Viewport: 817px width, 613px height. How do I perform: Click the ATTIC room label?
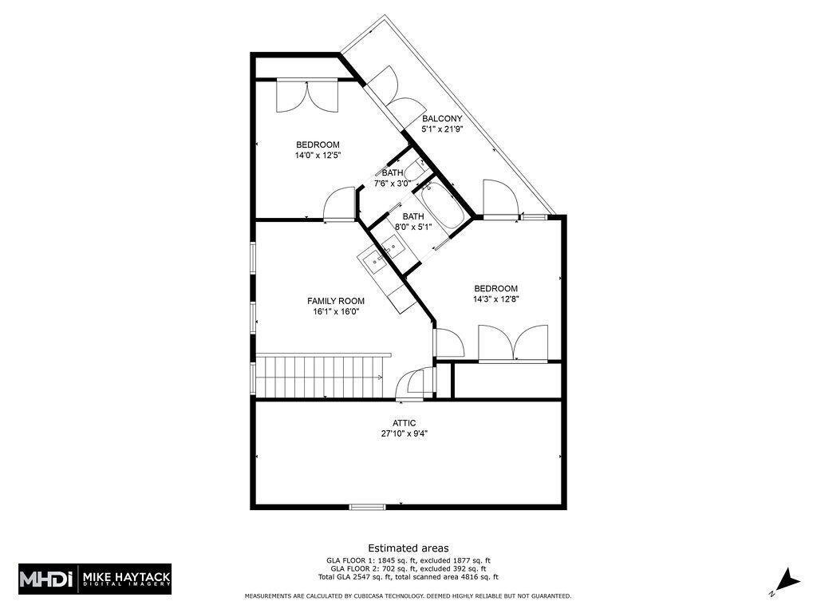[x=404, y=423]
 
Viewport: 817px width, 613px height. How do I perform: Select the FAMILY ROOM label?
[x=336, y=301]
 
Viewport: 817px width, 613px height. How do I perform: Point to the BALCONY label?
[x=442, y=119]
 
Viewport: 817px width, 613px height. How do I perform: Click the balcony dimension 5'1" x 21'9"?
[x=442, y=129]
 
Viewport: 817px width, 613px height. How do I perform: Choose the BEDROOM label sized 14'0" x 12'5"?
[x=317, y=144]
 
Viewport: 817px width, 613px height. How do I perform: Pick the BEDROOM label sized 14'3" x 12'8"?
[x=495, y=289]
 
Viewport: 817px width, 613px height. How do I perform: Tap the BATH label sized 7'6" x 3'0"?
[x=393, y=172]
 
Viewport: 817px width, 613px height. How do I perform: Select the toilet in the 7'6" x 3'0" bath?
[x=414, y=169]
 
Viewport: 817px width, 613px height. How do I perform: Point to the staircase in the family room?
[x=319, y=378]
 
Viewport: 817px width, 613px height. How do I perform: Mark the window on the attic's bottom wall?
[x=367, y=506]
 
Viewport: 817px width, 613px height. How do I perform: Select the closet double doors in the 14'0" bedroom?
[x=307, y=97]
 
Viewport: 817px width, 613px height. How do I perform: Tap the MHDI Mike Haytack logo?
[x=95, y=579]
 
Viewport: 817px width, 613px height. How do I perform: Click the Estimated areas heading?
[x=408, y=548]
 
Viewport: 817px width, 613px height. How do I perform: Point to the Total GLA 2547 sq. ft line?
[x=408, y=576]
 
